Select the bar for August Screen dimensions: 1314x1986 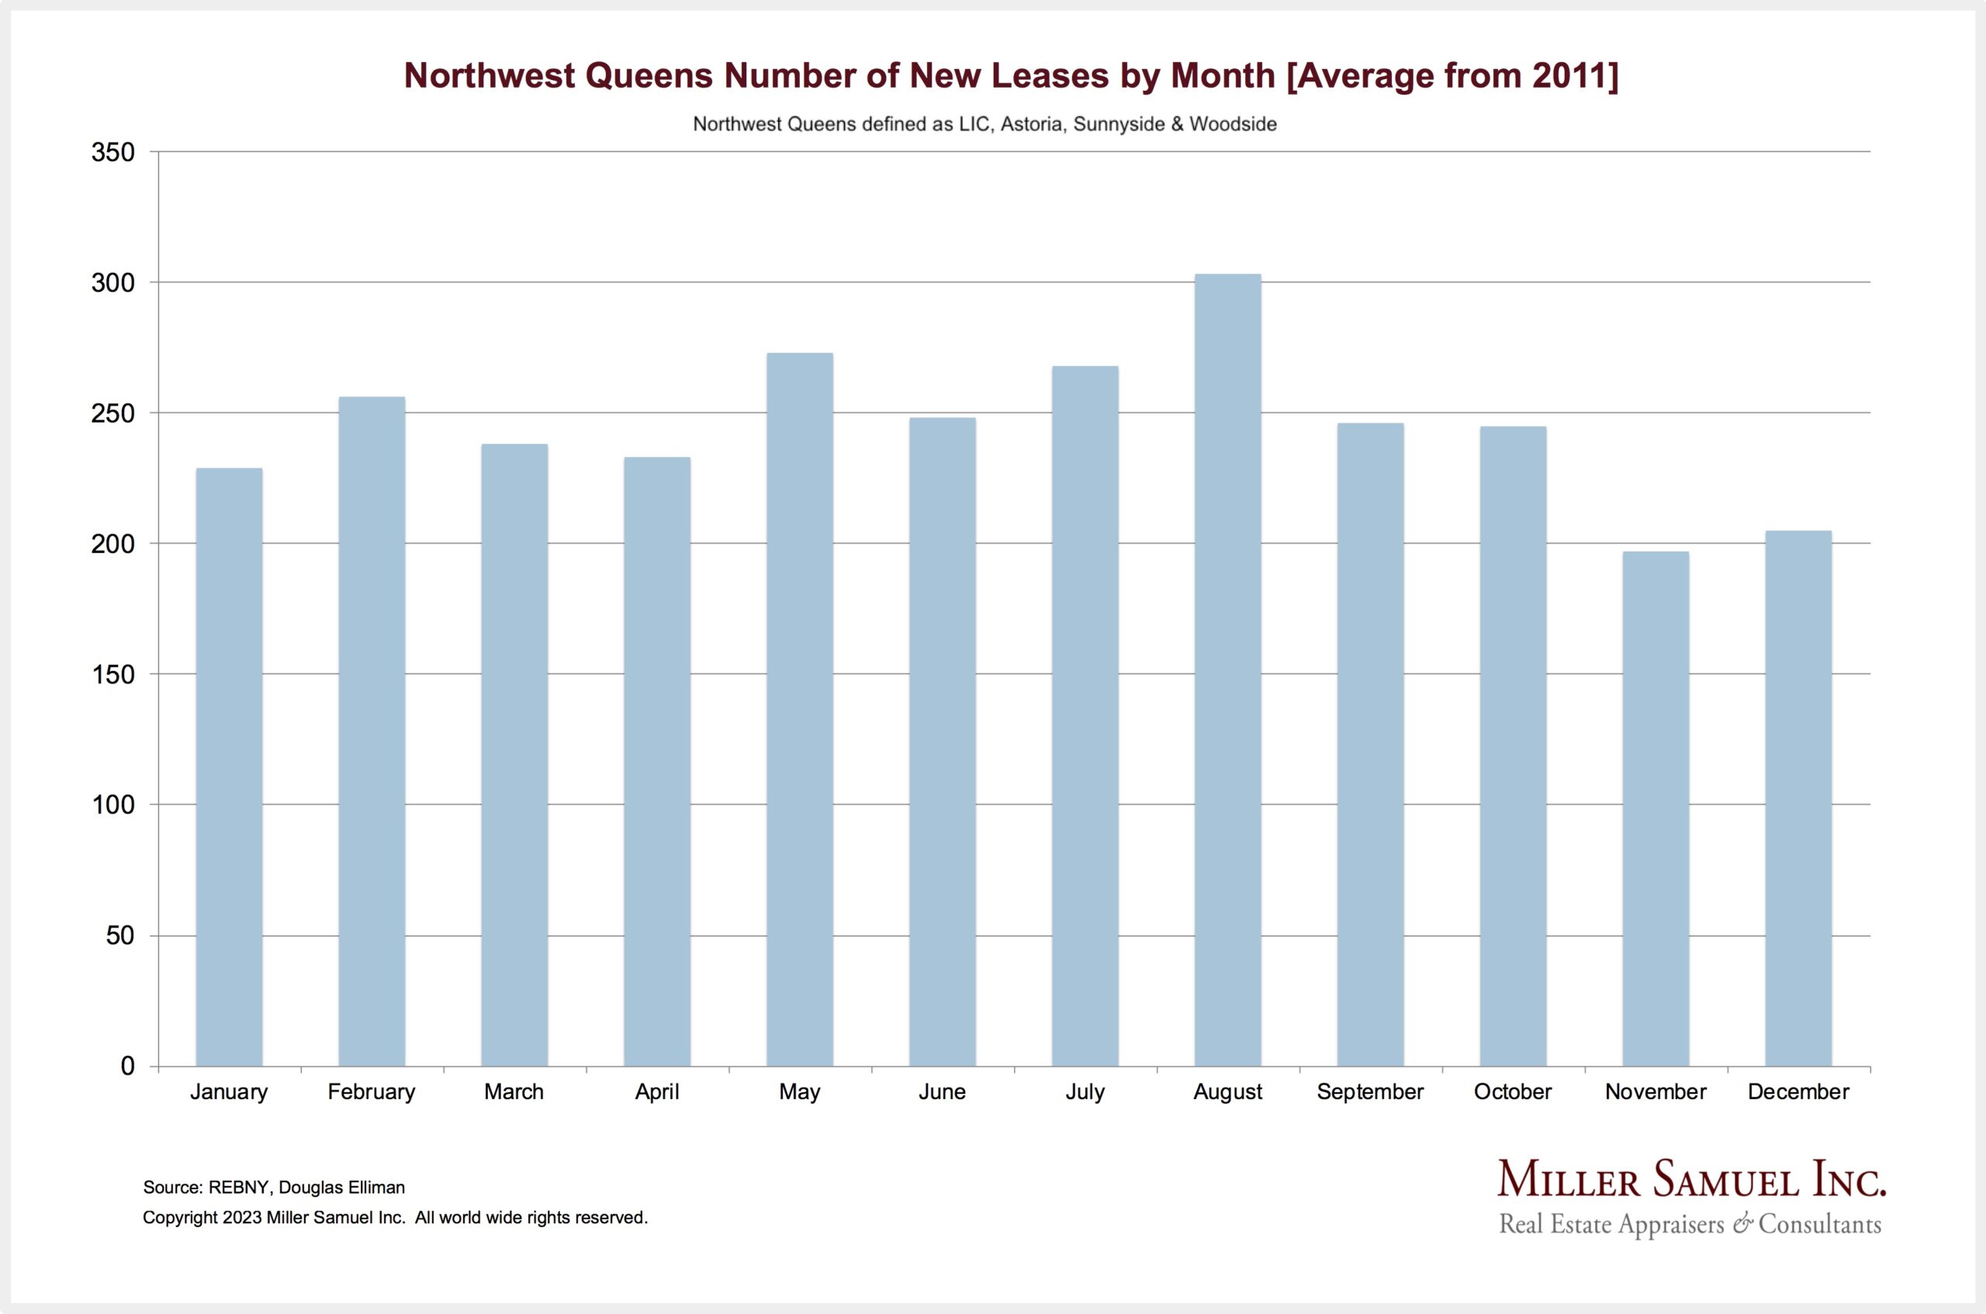point(1227,670)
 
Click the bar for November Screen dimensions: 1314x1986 point(1655,809)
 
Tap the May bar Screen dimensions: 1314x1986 point(799,710)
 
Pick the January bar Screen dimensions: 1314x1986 point(229,767)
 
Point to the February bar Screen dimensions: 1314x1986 point(372,731)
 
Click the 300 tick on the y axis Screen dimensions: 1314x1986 point(112,283)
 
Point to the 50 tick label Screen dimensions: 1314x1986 point(119,935)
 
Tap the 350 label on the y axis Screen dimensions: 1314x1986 point(112,153)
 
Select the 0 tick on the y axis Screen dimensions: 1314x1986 point(127,1066)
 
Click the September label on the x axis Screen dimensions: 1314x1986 point(1370,1092)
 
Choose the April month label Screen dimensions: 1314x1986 point(657,1092)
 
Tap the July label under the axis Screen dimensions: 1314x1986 point(1085,1092)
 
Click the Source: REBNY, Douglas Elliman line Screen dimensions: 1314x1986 point(274,1188)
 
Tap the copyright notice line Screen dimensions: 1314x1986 point(395,1218)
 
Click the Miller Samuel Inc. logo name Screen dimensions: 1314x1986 point(1691,1179)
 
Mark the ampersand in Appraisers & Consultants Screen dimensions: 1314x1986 point(1743,1224)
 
